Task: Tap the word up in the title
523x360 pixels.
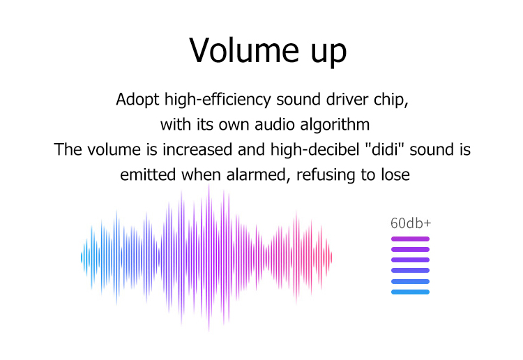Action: tap(329, 53)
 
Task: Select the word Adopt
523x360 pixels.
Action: tap(137, 100)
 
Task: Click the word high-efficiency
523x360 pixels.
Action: tap(218, 100)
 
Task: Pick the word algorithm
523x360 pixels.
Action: tap(335, 125)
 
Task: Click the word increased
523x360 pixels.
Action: tap(197, 149)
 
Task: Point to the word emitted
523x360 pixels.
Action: tap(148, 174)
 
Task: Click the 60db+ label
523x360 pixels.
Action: tap(411, 223)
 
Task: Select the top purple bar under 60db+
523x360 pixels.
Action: tap(410, 239)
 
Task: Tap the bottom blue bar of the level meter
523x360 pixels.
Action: tap(410, 292)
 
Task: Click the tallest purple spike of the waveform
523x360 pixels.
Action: tap(209, 257)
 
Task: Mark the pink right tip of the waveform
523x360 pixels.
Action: tap(331, 258)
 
